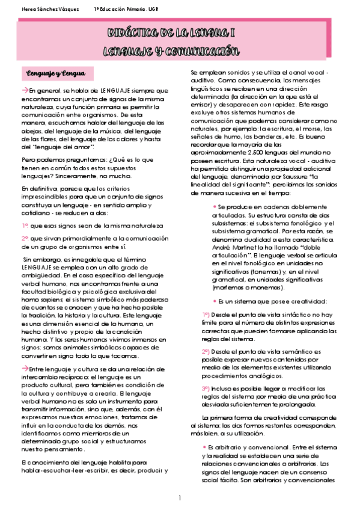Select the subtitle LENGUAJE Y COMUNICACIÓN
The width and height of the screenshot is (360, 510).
click(171, 51)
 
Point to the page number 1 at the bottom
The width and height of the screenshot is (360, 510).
click(179, 499)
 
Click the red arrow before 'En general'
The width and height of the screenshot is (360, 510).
click(25, 90)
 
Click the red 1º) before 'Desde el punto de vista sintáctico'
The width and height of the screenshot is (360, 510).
click(206, 315)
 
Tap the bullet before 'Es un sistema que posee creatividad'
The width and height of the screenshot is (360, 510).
click(215, 301)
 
